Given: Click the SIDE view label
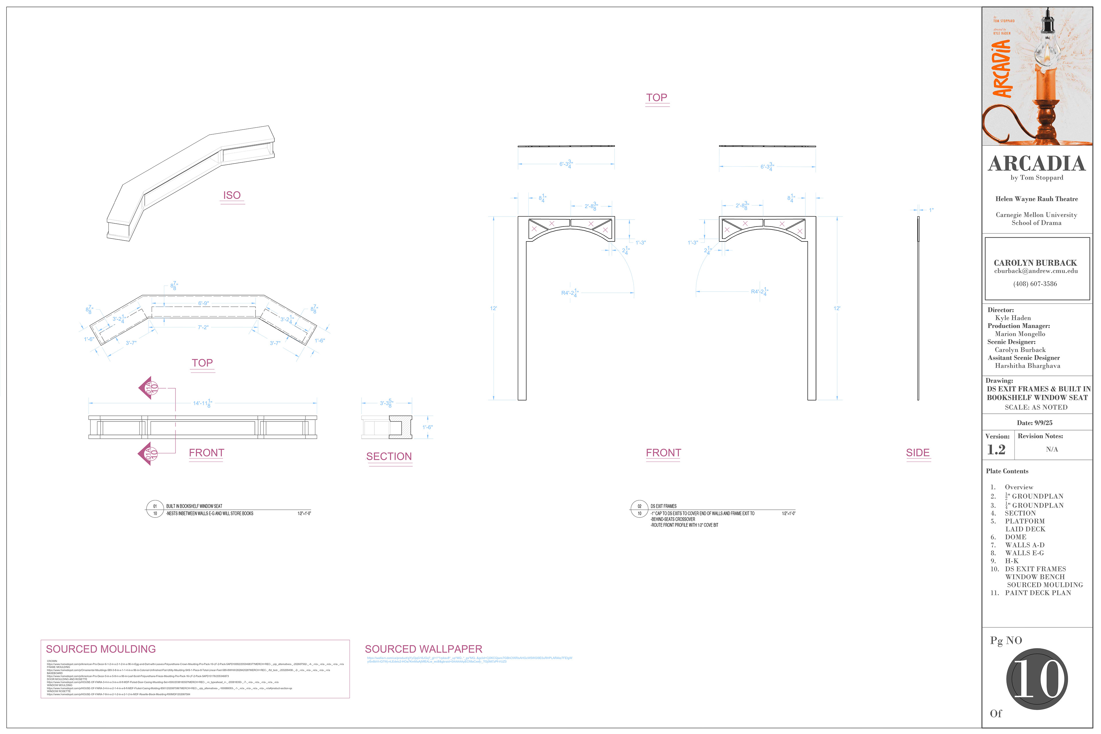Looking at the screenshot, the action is (918, 453).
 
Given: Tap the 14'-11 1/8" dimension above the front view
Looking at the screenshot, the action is (202, 403).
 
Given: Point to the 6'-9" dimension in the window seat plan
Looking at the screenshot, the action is (203, 303).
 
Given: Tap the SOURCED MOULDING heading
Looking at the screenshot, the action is (101, 649).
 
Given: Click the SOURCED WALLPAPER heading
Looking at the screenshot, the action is (423, 649).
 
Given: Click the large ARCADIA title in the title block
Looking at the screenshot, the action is (1036, 163).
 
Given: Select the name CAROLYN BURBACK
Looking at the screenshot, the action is (1035, 263).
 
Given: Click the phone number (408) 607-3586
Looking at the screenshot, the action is (1035, 284).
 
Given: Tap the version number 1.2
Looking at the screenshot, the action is (996, 449).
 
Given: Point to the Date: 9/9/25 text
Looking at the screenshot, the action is (1034, 423).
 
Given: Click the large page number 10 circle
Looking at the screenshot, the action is (1036, 679).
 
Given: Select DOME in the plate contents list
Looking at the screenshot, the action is (1015, 537).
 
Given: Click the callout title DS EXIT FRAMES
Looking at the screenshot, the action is (663, 506).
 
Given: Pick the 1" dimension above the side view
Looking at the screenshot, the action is (931, 210).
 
